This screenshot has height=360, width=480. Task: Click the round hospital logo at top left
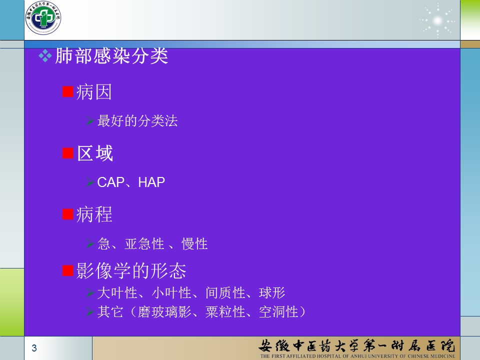click(43, 17)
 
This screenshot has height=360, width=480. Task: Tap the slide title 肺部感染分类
click(111, 56)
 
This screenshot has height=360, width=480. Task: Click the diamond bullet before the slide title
click(45, 56)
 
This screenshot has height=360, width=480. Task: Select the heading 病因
click(94, 92)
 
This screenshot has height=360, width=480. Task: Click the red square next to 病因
click(67, 91)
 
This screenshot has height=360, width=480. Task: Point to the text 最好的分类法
click(137, 120)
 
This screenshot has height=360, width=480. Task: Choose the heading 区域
click(95, 153)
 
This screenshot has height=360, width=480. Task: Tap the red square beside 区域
click(67, 153)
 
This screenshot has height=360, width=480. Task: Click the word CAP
click(110, 182)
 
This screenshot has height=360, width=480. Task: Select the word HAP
click(151, 182)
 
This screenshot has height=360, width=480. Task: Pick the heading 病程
click(94, 214)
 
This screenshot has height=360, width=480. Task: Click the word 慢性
click(194, 244)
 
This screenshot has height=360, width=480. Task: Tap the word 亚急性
click(144, 244)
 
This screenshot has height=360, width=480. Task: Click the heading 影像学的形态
click(131, 271)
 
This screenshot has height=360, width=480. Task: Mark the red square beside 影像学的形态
click(67, 270)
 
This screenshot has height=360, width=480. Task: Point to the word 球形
click(272, 292)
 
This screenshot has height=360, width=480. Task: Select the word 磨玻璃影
click(164, 312)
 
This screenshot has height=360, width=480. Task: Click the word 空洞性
click(278, 312)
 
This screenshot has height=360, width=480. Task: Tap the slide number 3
click(34, 348)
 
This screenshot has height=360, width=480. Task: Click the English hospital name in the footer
click(357, 356)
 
